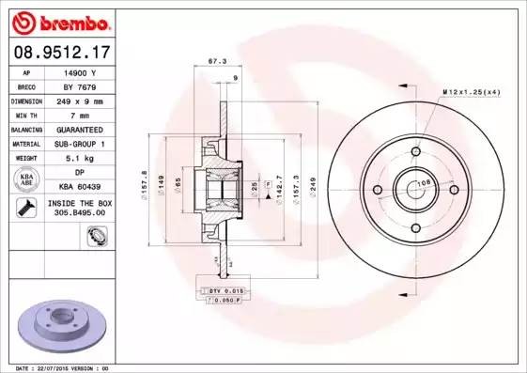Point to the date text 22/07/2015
point(61,367)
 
